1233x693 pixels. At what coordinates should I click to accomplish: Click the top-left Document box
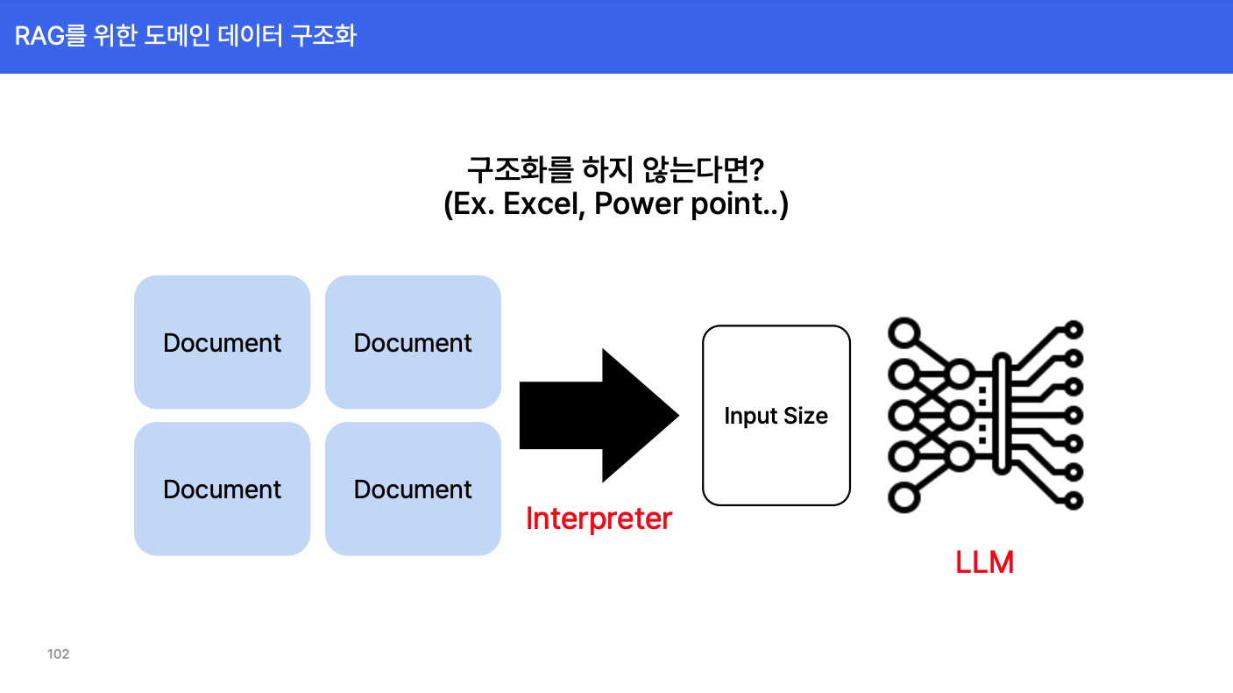pyautogui.click(x=222, y=342)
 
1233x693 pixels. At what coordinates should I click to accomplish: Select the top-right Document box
pyautogui.click(x=413, y=342)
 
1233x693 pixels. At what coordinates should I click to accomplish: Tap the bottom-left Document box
pyautogui.click(x=222, y=489)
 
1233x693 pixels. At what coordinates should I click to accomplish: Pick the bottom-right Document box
pyautogui.click(x=413, y=489)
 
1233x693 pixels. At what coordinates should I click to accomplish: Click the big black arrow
pyautogui.click(x=599, y=415)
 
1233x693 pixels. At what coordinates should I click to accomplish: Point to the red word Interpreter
pyautogui.click(x=599, y=518)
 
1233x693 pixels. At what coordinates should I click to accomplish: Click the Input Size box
pyautogui.click(x=776, y=415)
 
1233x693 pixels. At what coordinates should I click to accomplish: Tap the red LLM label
pyautogui.click(x=984, y=562)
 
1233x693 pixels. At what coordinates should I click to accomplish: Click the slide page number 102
pyautogui.click(x=59, y=654)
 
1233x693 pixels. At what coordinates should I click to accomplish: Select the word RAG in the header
pyautogui.click(x=39, y=36)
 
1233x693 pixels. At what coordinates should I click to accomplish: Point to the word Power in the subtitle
pyautogui.click(x=639, y=204)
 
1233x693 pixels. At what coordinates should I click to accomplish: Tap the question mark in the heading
pyautogui.click(x=757, y=169)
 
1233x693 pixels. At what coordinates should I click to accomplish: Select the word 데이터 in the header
pyautogui.click(x=251, y=36)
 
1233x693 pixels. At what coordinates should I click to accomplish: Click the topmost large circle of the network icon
pyautogui.click(x=903, y=332)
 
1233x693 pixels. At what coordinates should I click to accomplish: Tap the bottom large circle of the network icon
pyautogui.click(x=903, y=497)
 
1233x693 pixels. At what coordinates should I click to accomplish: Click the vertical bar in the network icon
pyautogui.click(x=1002, y=414)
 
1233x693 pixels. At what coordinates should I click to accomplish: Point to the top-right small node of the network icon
pyautogui.click(x=1074, y=330)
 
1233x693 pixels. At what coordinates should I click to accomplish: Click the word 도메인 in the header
pyautogui.click(x=177, y=36)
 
